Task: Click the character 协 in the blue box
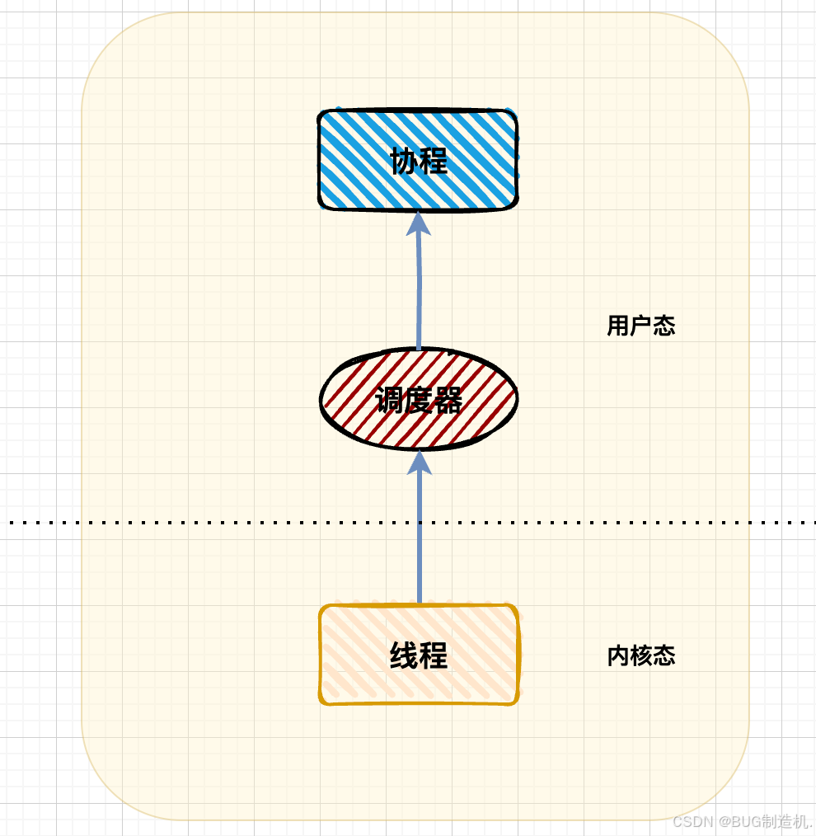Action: pos(405,162)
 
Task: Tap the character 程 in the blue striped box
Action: pos(434,162)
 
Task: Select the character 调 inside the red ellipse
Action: pos(389,401)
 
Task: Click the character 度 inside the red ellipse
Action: pos(419,401)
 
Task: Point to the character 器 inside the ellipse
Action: pos(448,401)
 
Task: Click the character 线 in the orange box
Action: pos(404,656)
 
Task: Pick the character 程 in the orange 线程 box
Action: pos(434,656)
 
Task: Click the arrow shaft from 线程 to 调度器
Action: pos(420,536)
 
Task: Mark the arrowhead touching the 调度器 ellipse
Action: pos(420,462)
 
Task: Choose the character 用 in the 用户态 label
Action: pos(618,326)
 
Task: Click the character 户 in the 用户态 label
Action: pos(641,326)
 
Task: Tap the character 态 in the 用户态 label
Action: pos(664,326)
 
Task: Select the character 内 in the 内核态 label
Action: pos(618,656)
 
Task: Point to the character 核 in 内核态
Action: pos(641,656)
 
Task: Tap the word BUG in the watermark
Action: pos(741,822)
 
